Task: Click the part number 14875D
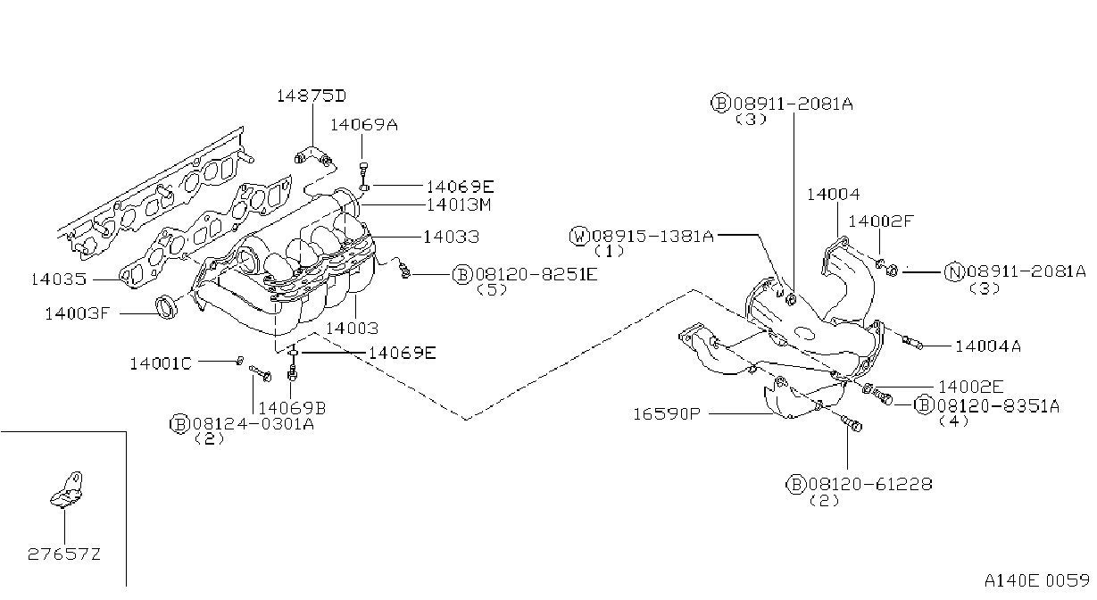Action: (312, 96)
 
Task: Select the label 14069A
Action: (364, 125)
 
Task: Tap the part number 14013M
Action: (459, 204)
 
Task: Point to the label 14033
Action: (451, 237)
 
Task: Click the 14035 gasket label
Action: (59, 279)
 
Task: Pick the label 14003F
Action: (78, 313)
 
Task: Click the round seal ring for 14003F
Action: (167, 307)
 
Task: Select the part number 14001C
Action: (160, 363)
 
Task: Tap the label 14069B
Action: (292, 407)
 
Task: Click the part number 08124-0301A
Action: (253, 423)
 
